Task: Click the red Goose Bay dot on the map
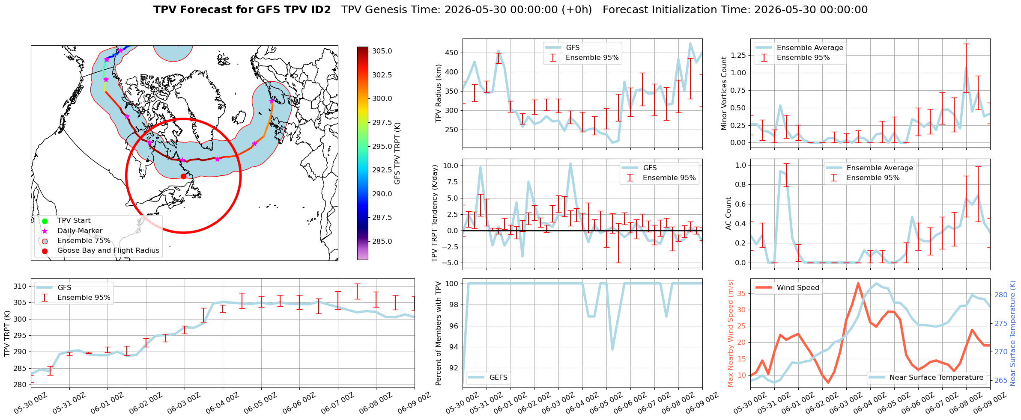pyautogui.click(x=183, y=176)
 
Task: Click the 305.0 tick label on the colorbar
pyautogui.click(x=382, y=51)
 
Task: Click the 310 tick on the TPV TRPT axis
pyautogui.click(x=21, y=286)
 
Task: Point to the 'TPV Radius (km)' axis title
pyautogui.click(x=438, y=93)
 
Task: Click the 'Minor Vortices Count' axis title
pyautogui.click(x=724, y=93)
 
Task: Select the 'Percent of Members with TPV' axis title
pyautogui.click(x=438, y=333)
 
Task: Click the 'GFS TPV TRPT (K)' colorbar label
pyautogui.click(x=397, y=153)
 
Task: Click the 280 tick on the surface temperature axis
pyautogui.click(x=1001, y=295)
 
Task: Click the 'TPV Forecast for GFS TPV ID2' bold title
pyautogui.click(x=242, y=10)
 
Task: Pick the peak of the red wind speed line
pyautogui.click(x=858, y=283)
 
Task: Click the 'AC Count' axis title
pyautogui.click(x=728, y=213)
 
